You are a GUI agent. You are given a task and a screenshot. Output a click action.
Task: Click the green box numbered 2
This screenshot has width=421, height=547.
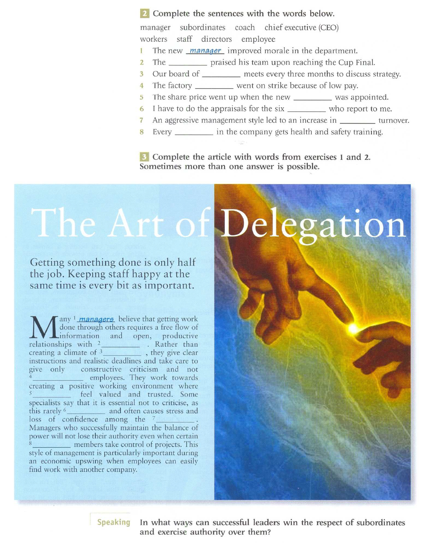pos(145,14)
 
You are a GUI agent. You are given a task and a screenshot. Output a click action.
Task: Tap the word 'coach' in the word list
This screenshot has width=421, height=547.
pos(245,27)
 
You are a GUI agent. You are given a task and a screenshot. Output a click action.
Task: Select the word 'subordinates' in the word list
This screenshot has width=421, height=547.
pos(203,27)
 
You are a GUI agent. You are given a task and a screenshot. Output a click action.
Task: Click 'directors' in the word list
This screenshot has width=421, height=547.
pos(216,39)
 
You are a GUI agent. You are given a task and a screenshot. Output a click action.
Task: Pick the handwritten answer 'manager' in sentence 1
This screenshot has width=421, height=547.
pos(205,50)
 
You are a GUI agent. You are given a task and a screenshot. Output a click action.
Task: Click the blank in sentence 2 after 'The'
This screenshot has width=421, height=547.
pos(188,63)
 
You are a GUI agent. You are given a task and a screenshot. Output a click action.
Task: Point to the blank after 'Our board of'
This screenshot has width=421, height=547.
pos(221,74)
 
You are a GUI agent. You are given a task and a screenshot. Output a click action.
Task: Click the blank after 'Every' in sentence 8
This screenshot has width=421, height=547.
pos(194,132)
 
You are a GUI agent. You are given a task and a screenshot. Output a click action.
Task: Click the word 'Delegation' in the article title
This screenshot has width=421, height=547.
pos(313,225)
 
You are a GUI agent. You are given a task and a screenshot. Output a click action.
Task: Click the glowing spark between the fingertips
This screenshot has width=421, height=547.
pos(352,328)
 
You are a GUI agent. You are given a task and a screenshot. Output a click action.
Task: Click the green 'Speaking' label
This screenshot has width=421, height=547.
pos(114,522)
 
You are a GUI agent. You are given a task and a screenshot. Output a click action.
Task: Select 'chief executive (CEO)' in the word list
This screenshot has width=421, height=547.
pos(301,27)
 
